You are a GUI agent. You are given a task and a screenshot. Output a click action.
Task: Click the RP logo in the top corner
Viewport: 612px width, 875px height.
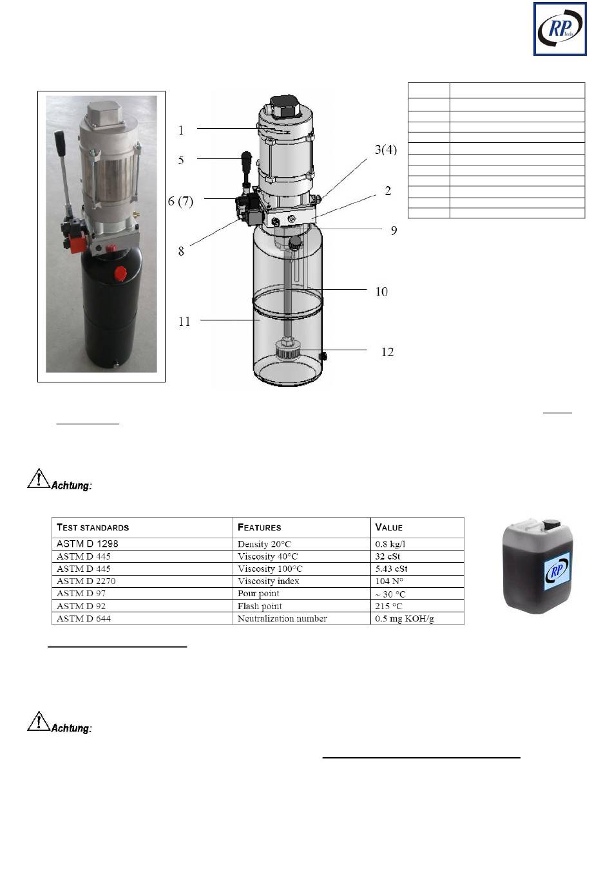click(560, 29)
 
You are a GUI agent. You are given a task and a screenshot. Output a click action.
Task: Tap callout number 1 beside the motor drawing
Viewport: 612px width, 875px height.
click(181, 130)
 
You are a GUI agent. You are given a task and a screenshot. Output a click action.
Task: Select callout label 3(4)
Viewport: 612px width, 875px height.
click(386, 149)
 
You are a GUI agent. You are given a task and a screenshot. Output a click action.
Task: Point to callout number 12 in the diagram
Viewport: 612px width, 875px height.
click(387, 352)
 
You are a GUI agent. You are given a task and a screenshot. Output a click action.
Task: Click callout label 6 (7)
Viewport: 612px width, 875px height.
click(180, 201)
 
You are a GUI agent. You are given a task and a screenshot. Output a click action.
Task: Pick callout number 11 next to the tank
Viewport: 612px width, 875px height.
click(184, 321)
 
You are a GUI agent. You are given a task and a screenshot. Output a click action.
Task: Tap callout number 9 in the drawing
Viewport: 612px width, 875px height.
click(394, 231)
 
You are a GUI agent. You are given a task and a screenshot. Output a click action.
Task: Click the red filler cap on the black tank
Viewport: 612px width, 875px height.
click(120, 272)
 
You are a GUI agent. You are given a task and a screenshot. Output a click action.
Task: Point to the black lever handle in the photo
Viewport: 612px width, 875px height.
click(61, 138)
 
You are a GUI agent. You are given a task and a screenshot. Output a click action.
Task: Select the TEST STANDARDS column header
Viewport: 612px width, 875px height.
click(93, 527)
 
